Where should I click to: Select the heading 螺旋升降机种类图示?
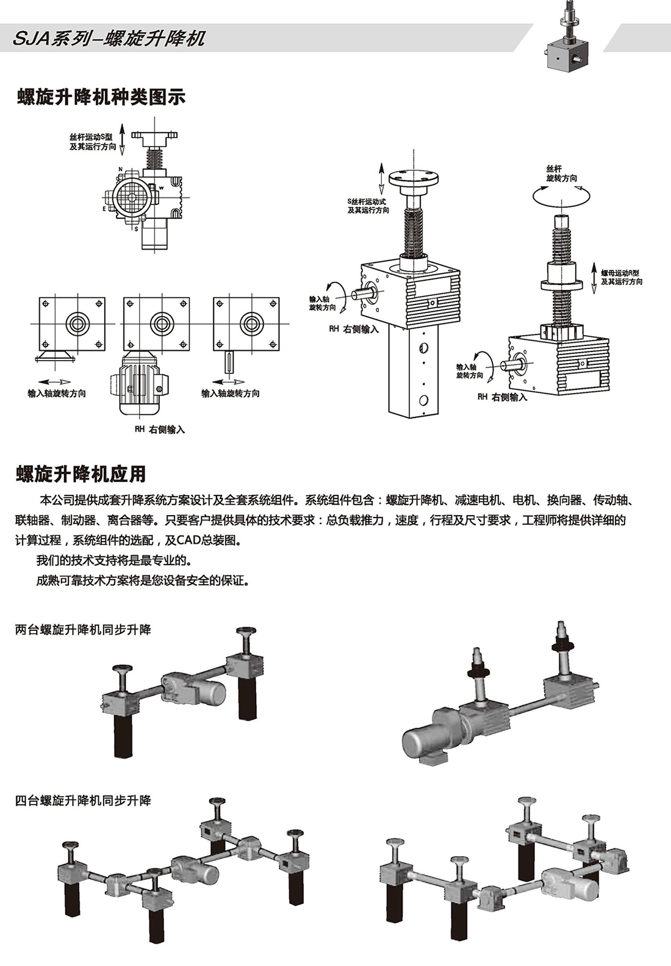101,97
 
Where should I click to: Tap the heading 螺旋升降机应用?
81,474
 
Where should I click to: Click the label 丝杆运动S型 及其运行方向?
92,142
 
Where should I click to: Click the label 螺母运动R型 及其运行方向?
621,277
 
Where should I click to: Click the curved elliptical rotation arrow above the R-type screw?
561,195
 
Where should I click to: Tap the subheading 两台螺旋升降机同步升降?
83,630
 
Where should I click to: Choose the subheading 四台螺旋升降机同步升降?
83,800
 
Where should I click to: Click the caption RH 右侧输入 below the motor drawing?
160,430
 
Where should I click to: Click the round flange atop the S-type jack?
414,178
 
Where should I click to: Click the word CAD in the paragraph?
191,540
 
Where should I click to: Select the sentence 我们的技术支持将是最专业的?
113,560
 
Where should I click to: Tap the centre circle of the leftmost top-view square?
77,323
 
